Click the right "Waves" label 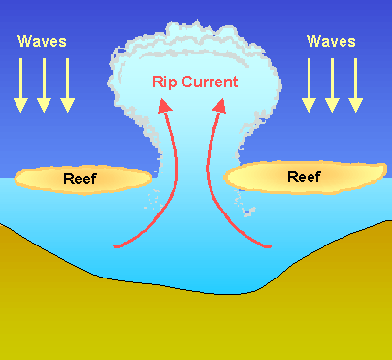click(x=330, y=41)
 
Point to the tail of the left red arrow click(x=116, y=245)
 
